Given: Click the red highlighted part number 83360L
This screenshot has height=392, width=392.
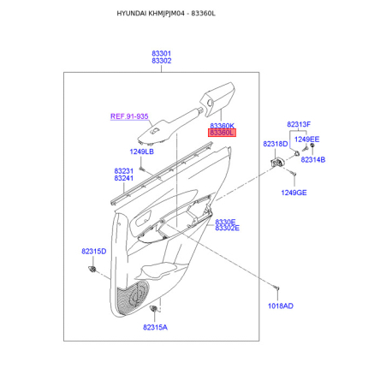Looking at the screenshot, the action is tap(222, 133).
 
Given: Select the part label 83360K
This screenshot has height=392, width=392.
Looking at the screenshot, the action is tap(223, 126).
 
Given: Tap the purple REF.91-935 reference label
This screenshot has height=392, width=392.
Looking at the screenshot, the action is tap(129, 116).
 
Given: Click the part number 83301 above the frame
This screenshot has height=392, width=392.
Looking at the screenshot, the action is tap(161, 53).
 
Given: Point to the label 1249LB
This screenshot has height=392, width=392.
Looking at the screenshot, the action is tap(142, 151).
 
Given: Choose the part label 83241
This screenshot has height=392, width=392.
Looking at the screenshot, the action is tap(124, 178).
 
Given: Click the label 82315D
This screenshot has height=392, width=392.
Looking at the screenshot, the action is tap(94, 252).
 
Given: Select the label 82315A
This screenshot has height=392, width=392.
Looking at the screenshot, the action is tap(155, 327).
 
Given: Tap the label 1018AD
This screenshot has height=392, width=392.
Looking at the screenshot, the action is tap(281, 306).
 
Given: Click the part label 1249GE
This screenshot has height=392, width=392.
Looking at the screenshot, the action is tap(294, 193).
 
